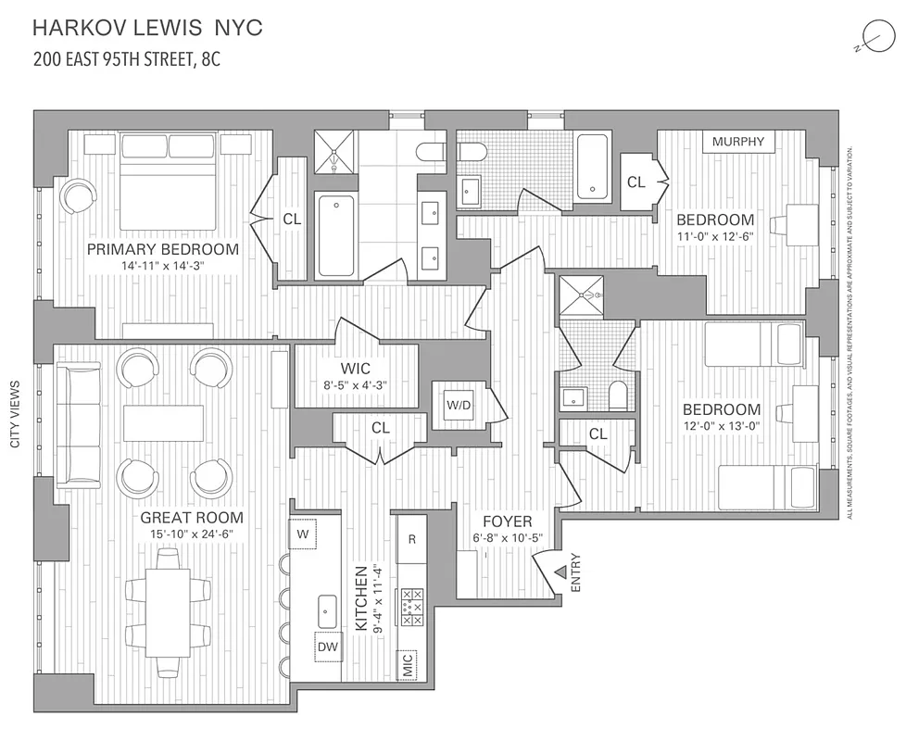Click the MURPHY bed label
click(739, 142)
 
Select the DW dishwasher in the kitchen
click(328, 648)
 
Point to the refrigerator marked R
click(411, 539)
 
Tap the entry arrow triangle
click(560, 573)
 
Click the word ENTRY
click(576, 573)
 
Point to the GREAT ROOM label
click(192, 518)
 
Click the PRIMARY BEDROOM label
click(163, 249)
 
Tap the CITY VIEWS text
click(16, 414)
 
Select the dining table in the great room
click(169, 612)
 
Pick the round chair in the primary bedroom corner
click(78, 195)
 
